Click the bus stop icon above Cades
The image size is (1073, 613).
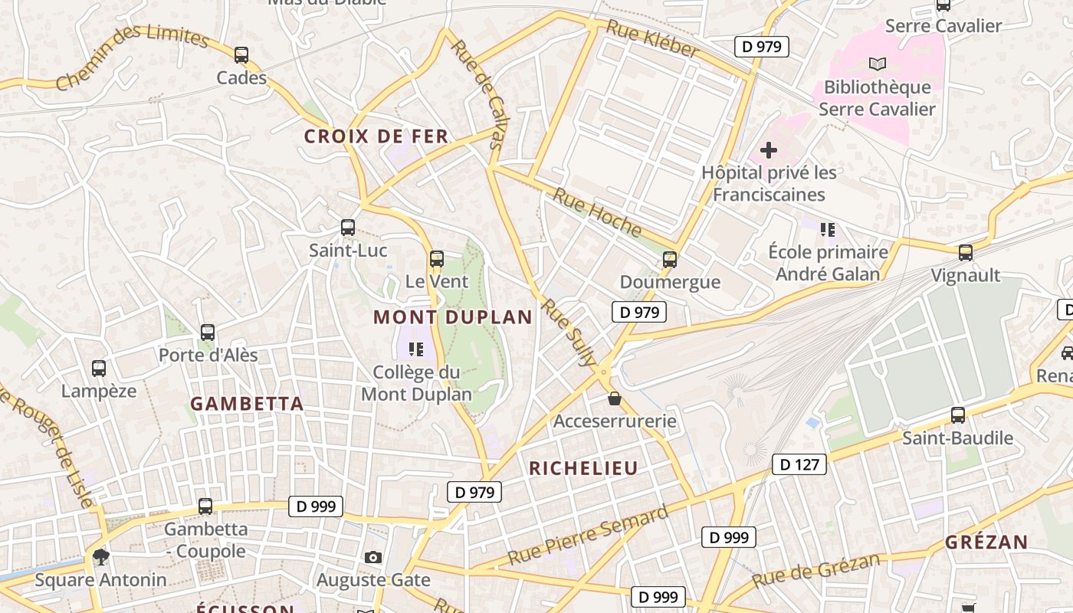click(x=241, y=55)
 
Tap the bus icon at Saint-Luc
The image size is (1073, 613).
click(x=348, y=228)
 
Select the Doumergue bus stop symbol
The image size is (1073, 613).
click(x=670, y=260)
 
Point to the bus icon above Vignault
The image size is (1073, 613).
click(x=966, y=252)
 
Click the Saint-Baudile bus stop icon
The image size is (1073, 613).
click(x=958, y=415)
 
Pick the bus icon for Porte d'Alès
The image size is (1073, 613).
click(x=208, y=333)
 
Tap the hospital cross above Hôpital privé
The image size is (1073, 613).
click(x=769, y=150)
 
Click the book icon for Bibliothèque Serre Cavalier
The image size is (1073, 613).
click(x=878, y=64)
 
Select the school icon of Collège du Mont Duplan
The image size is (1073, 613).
click(x=416, y=350)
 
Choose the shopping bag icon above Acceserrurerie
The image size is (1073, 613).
click(x=615, y=398)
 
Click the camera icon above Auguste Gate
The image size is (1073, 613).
click(x=373, y=557)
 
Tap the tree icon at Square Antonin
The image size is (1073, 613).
click(x=100, y=556)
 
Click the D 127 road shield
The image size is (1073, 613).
click(x=799, y=464)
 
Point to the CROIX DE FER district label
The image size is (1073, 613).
click(x=376, y=137)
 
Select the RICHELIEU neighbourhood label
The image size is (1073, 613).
click(x=583, y=469)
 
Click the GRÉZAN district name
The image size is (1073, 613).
click(x=986, y=543)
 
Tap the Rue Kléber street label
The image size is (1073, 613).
click(x=652, y=39)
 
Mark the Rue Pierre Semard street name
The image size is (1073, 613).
click(x=588, y=535)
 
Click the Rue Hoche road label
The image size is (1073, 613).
click(x=597, y=213)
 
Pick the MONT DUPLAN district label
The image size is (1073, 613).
click(x=452, y=317)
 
